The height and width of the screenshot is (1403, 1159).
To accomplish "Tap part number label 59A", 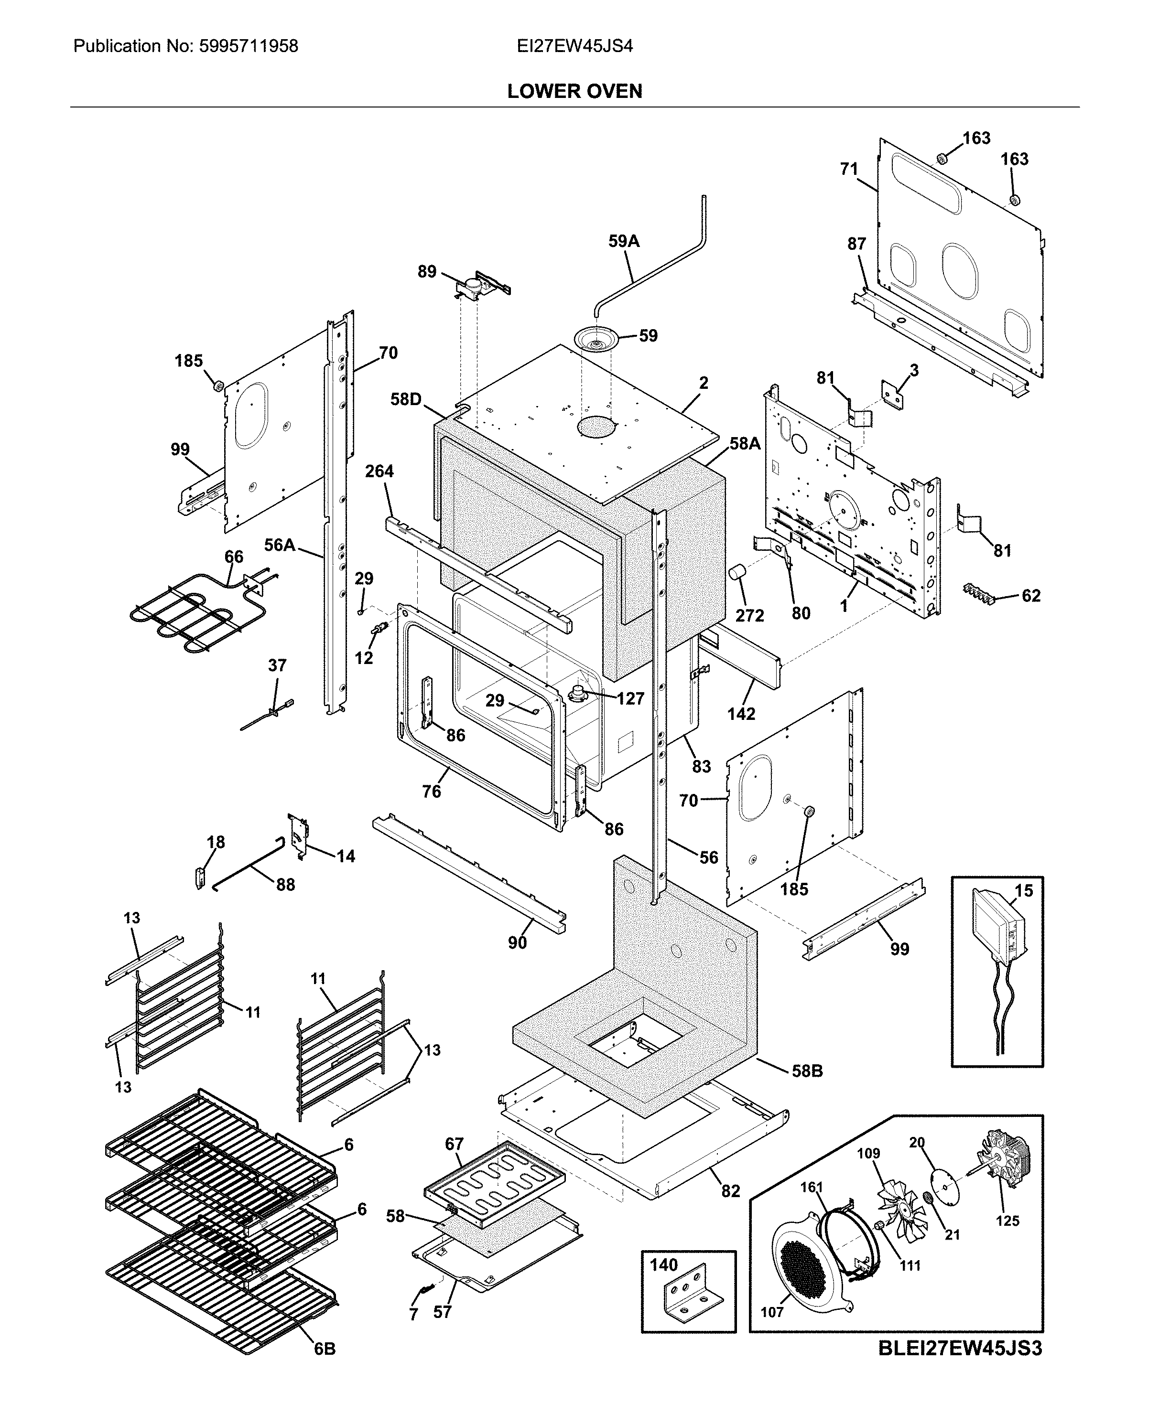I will click(x=624, y=242).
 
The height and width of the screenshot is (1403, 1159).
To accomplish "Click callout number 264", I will click(x=379, y=471).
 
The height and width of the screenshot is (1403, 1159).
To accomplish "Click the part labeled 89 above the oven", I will click(x=479, y=286).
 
